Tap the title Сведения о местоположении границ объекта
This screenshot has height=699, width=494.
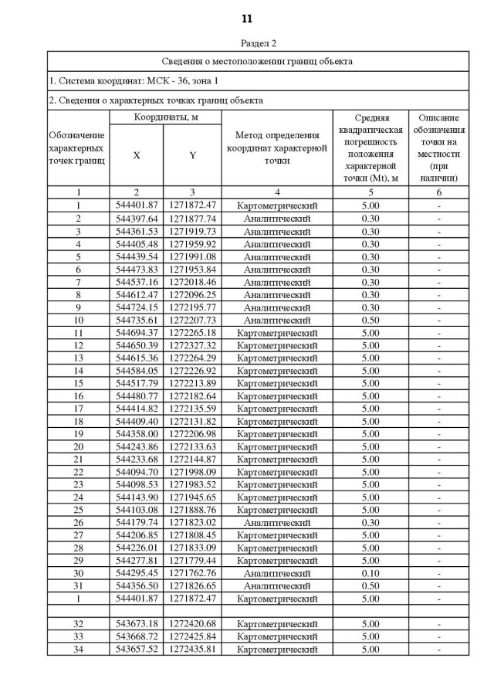tap(258, 61)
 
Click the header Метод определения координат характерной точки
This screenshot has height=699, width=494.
tap(277, 148)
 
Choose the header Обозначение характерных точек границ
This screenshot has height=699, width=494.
tap(77, 148)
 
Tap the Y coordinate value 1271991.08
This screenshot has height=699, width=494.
tap(192, 256)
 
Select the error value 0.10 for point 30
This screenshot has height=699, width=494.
tap(370, 573)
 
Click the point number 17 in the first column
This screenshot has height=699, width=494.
tap(78, 409)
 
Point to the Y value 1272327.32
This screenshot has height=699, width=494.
tap(192, 345)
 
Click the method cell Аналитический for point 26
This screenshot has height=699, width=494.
tap(277, 522)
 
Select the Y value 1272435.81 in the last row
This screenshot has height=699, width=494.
tap(192, 649)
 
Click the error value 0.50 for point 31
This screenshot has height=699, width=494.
tap(370, 585)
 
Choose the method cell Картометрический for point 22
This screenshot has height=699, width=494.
tap(277, 472)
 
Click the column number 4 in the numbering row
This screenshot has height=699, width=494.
tap(277, 192)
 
